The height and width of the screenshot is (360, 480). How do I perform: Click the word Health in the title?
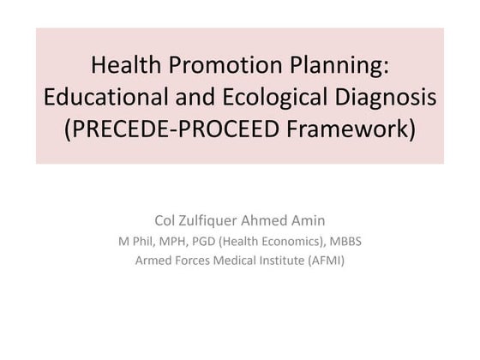123,64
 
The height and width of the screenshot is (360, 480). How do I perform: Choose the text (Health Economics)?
275,241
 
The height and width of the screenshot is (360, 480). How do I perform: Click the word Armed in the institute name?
153,261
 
